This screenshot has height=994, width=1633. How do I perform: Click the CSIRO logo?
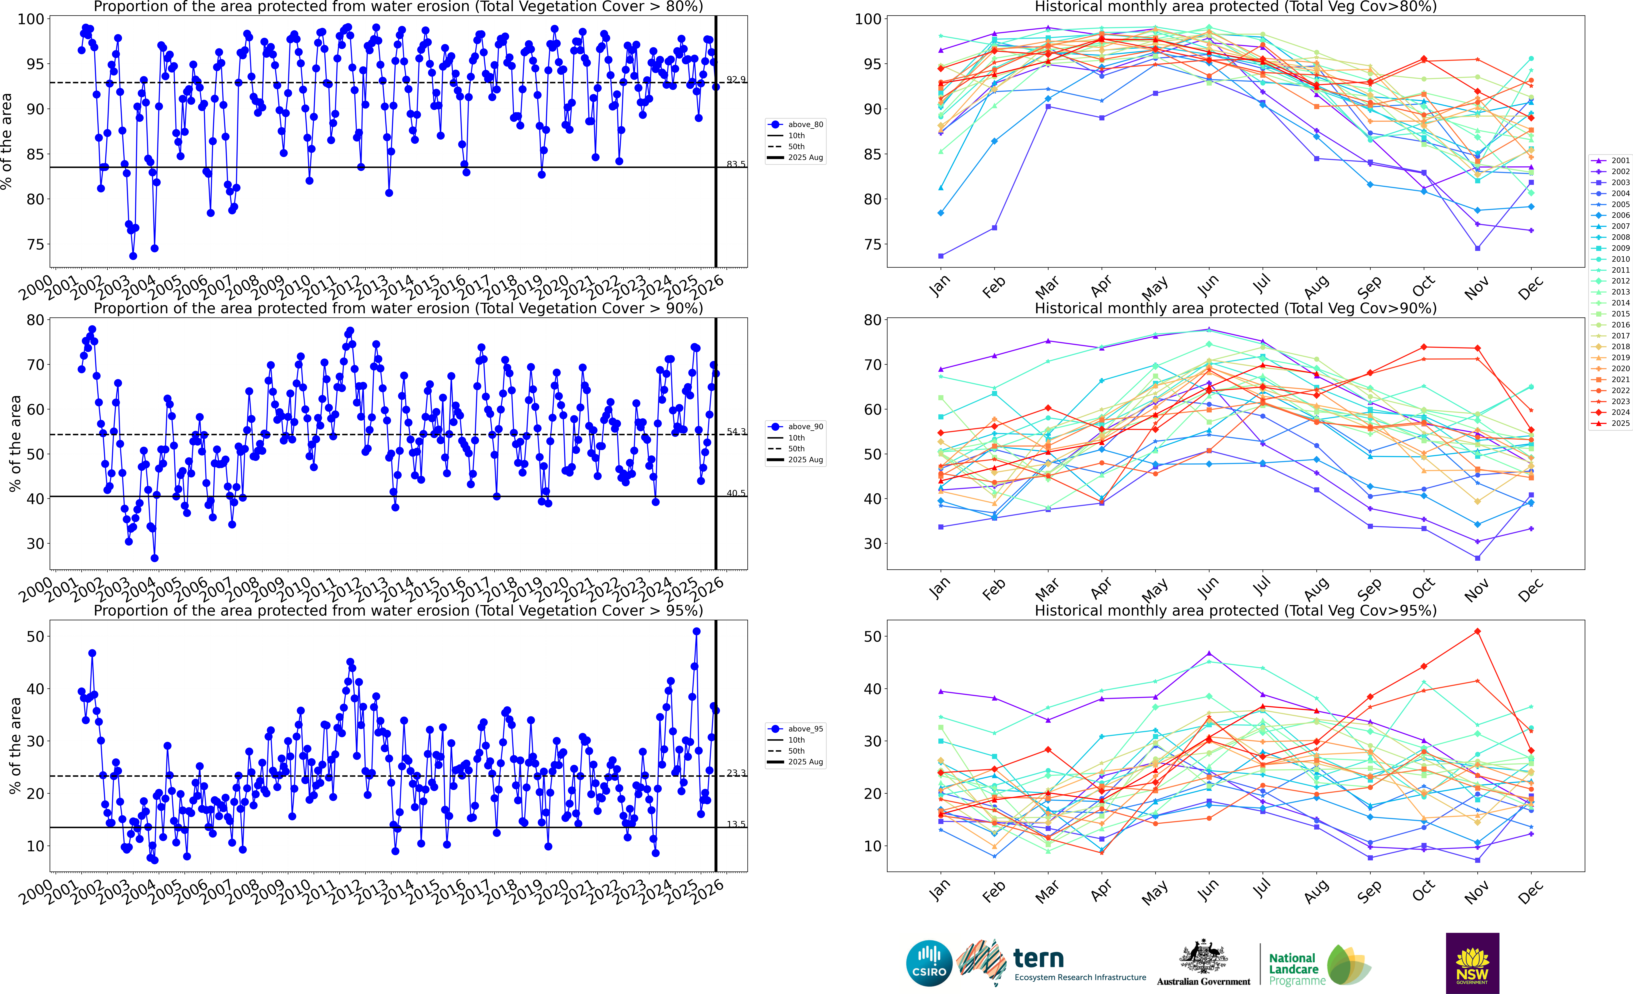point(929,963)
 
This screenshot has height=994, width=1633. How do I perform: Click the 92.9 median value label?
point(736,79)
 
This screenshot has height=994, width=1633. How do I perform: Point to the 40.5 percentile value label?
point(736,493)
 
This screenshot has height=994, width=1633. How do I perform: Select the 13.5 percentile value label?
point(736,824)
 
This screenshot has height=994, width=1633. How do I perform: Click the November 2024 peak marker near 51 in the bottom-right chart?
point(1477,632)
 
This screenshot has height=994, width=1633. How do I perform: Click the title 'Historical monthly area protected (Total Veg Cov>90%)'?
point(1235,309)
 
